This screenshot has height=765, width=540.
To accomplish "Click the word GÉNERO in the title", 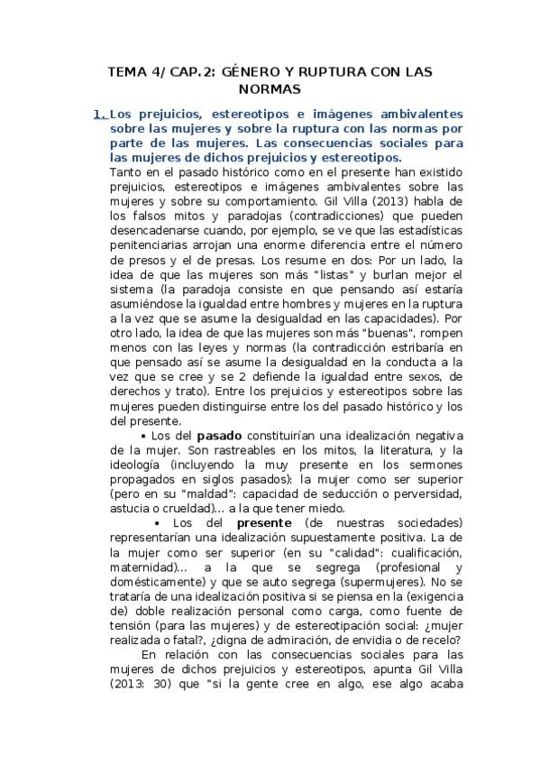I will [x=250, y=69].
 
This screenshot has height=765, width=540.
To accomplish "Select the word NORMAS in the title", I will [x=270, y=89].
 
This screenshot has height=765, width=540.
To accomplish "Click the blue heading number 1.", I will [x=99, y=115].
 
